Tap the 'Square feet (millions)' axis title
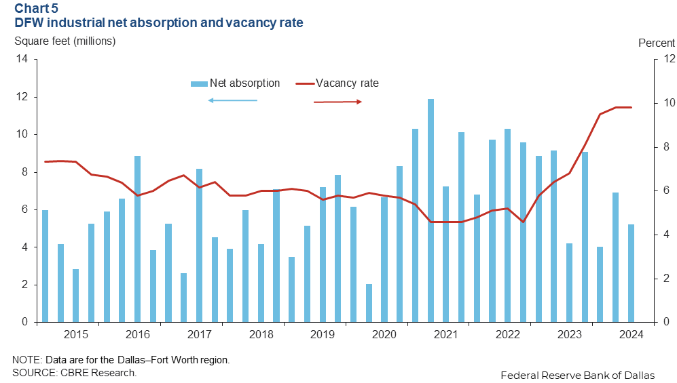[x=65, y=41]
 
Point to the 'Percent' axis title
[x=657, y=43]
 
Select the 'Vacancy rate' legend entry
[x=346, y=83]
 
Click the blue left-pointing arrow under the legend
[x=233, y=100]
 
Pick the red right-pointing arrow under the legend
[x=337, y=102]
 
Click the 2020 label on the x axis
[x=384, y=334]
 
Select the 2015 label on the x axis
[x=75, y=334]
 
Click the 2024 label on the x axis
[x=632, y=334]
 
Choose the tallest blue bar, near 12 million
[x=431, y=210]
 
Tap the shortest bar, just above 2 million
[x=369, y=303]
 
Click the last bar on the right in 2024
[x=631, y=273]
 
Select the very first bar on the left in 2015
[x=45, y=266]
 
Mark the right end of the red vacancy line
[x=631, y=107]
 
